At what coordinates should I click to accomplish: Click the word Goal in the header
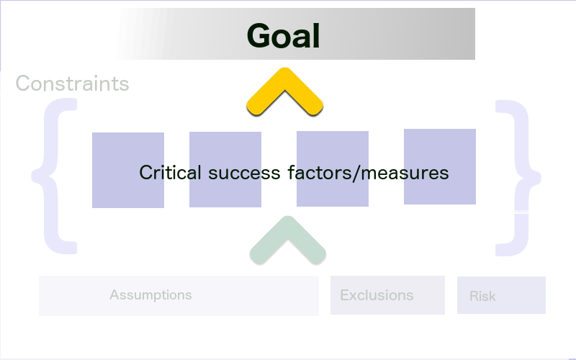pyautogui.click(x=283, y=35)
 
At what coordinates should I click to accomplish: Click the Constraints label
pyautogui.click(x=73, y=83)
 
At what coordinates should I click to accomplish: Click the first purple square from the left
pyautogui.click(x=128, y=170)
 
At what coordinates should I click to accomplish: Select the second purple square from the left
pyautogui.click(x=225, y=169)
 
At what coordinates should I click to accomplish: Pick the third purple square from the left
pyautogui.click(x=333, y=168)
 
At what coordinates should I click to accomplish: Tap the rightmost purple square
pyautogui.click(x=440, y=166)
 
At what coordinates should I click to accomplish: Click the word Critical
pyautogui.click(x=170, y=172)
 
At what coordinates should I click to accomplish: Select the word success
pyautogui.click(x=244, y=173)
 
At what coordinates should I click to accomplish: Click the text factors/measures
pyautogui.click(x=368, y=173)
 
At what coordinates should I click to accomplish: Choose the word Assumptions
pyautogui.click(x=150, y=294)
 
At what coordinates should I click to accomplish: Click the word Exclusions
pyautogui.click(x=377, y=295)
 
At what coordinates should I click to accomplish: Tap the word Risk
pyautogui.click(x=482, y=296)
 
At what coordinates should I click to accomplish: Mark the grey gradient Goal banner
pyautogui.click(x=296, y=34)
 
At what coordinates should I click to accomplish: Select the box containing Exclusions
pyautogui.click(x=387, y=295)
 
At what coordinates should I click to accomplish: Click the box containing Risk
pyautogui.click(x=501, y=295)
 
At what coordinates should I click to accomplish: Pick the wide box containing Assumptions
pyautogui.click(x=179, y=296)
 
